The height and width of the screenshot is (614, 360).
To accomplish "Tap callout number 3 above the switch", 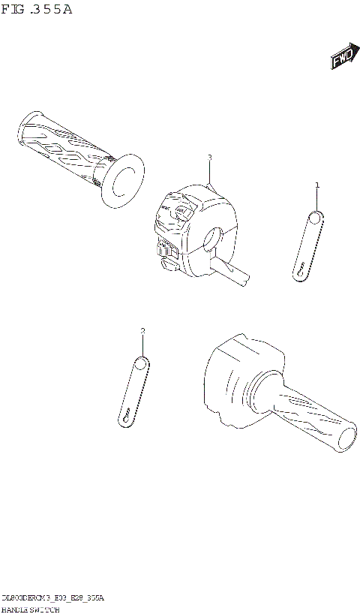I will click(x=210, y=158).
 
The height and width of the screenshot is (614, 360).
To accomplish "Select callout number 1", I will click(x=316, y=185).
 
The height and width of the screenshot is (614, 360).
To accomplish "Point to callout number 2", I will click(x=142, y=331).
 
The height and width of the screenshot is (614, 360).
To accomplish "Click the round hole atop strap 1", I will click(x=316, y=218).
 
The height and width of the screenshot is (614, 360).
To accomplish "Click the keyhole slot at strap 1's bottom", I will click(x=299, y=269).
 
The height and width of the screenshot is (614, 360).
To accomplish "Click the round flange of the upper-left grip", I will click(x=121, y=181).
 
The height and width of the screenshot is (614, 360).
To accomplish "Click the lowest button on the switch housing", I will click(x=168, y=263).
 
